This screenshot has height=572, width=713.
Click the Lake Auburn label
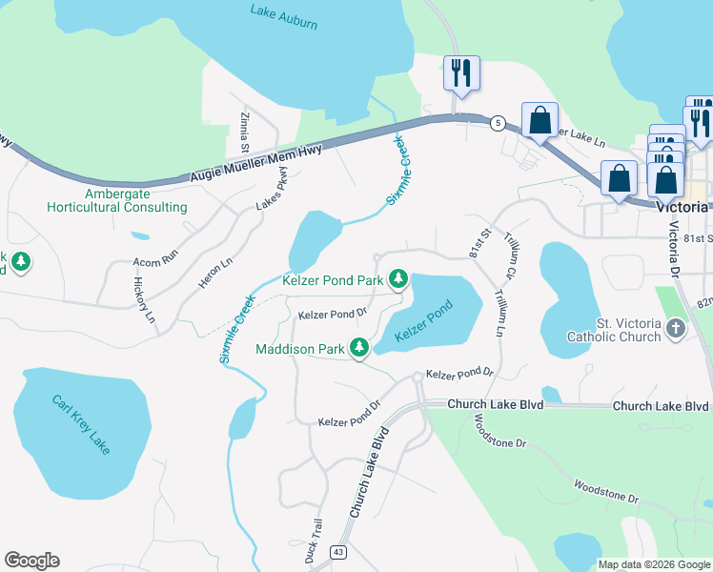tap(283, 16)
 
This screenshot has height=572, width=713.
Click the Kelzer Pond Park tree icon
tap(397, 279)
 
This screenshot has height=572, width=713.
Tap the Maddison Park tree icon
tap(359, 349)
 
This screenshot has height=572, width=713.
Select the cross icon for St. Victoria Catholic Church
tap(676, 329)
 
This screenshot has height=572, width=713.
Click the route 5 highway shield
tap(497, 123)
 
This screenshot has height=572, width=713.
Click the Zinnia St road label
tap(244, 133)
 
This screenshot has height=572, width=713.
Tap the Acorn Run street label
tap(155, 257)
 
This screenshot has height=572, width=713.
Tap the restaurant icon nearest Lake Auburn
tap(462, 71)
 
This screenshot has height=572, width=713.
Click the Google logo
tap(31, 561)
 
